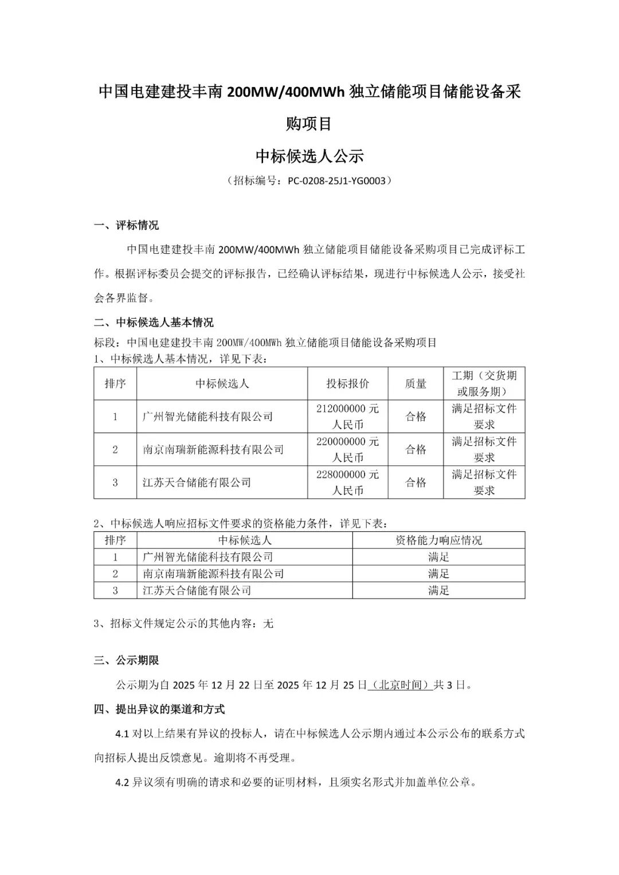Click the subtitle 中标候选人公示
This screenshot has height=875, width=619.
(x=309, y=156)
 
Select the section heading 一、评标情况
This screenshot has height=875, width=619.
(x=127, y=225)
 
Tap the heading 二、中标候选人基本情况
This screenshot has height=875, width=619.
(x=154, y=322)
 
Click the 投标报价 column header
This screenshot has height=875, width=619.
(x=348, y=383)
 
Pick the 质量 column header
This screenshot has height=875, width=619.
(x=416, y=383)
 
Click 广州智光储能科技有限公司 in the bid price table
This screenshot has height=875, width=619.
(x=207, y=417)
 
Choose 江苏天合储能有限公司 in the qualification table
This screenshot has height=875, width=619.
(x=197, y=590)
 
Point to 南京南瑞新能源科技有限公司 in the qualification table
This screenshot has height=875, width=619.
(x=213, y=574)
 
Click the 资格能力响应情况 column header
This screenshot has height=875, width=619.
(x=438, y=540)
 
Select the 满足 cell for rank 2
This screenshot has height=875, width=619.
(x=438, y=574)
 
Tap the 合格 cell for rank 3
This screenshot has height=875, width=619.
(x=416, y=482)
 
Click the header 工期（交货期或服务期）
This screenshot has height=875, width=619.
(x=484, y=383)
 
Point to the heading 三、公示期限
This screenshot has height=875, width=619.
(x=127, y=660)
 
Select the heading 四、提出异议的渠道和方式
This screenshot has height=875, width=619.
(x=159, y=709)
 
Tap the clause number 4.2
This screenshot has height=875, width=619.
(x=123, y=782)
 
